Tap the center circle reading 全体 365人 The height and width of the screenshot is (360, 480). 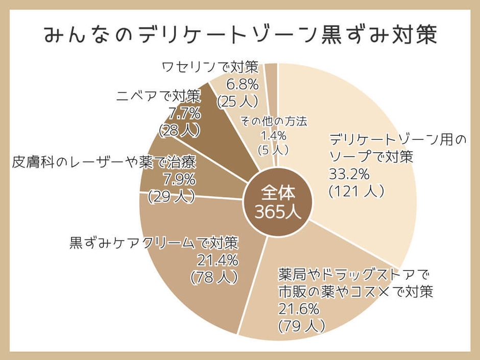click(x=277, y=202)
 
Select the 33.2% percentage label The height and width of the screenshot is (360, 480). click(x=349, y=174)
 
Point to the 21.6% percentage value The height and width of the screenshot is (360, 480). click(x=299, y=308)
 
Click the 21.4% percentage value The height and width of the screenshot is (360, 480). click(x=218, y=260)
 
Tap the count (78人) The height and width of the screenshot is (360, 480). click(x=214, y=277)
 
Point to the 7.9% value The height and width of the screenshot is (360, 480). click(x=179, y=180)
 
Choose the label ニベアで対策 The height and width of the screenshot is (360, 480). click(x=158, y=95)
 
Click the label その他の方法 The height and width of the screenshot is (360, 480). click(x=274, y=122)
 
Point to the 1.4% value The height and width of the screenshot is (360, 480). click(x=274, y=136)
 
